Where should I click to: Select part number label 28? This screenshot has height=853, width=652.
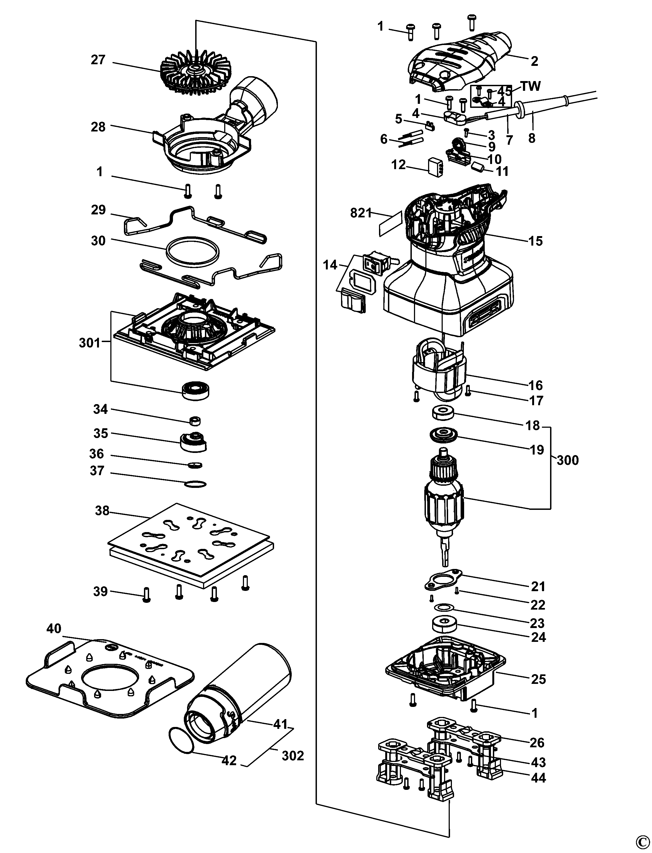[98, 127]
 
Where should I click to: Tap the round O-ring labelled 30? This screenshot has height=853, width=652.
[192, 250]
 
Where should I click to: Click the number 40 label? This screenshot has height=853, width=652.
[54, 628]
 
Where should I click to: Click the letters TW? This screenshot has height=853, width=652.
[530, 86]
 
